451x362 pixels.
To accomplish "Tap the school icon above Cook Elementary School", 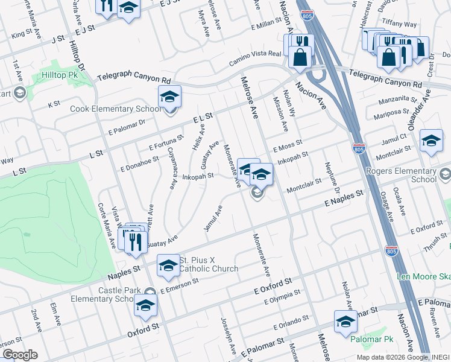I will [169, 97].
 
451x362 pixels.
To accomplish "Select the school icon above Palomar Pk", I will [345, 322].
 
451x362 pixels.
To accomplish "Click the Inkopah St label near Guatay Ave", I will [198, 177].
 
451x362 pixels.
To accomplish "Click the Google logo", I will [19, 355].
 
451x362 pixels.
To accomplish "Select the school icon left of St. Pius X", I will [168, 265].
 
